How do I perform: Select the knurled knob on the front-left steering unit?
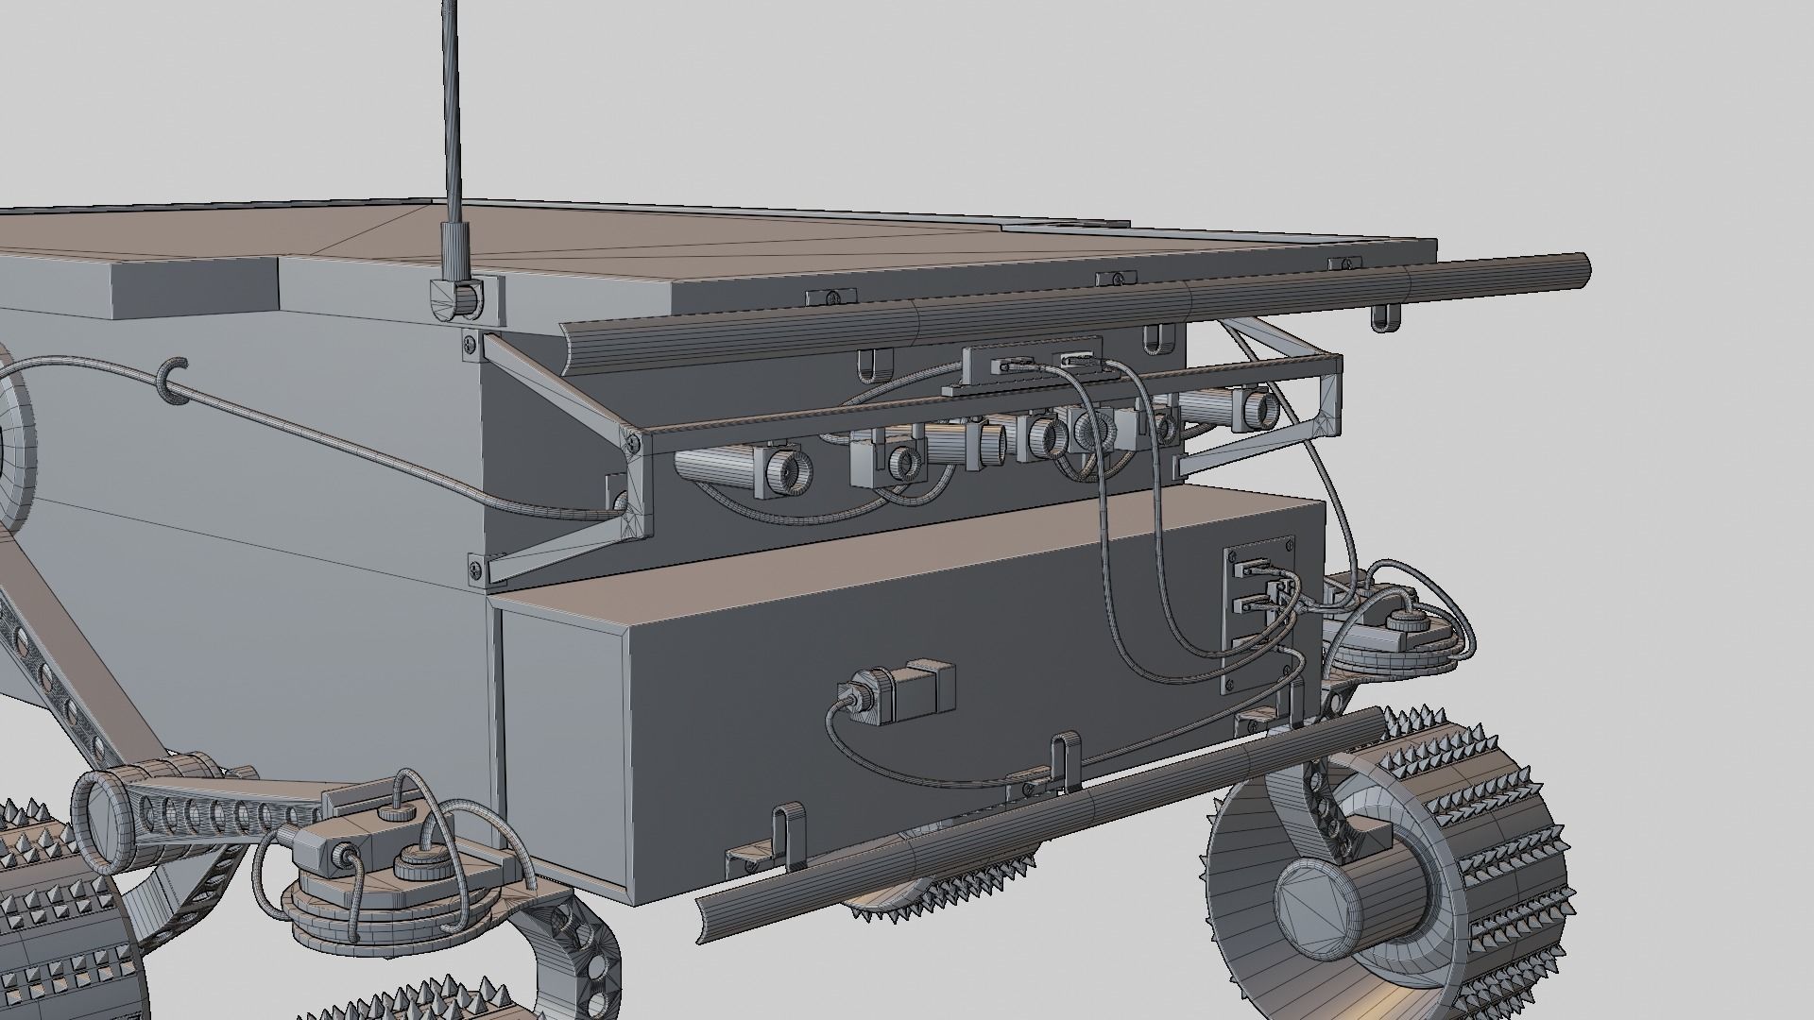[x=412, y=863]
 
